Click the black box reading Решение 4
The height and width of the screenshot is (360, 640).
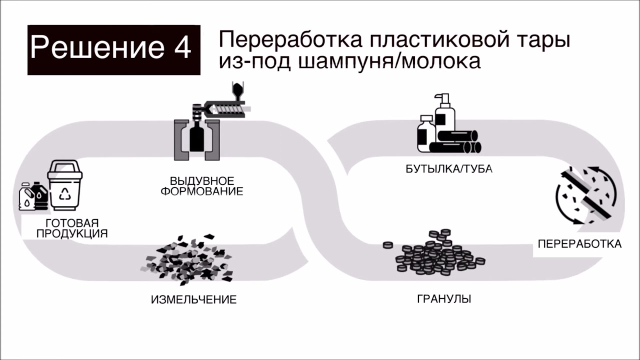[114, 50]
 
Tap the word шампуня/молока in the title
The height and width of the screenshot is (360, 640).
[390, 61]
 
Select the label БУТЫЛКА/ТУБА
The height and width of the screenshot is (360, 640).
[449, 169]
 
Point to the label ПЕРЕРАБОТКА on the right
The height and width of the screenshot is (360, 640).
[579, 244]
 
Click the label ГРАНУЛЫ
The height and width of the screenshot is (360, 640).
[444, 299]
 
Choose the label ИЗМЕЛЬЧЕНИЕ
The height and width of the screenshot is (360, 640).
[193, 300]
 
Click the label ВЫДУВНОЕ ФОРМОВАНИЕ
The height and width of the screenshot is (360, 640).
[202, 185]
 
